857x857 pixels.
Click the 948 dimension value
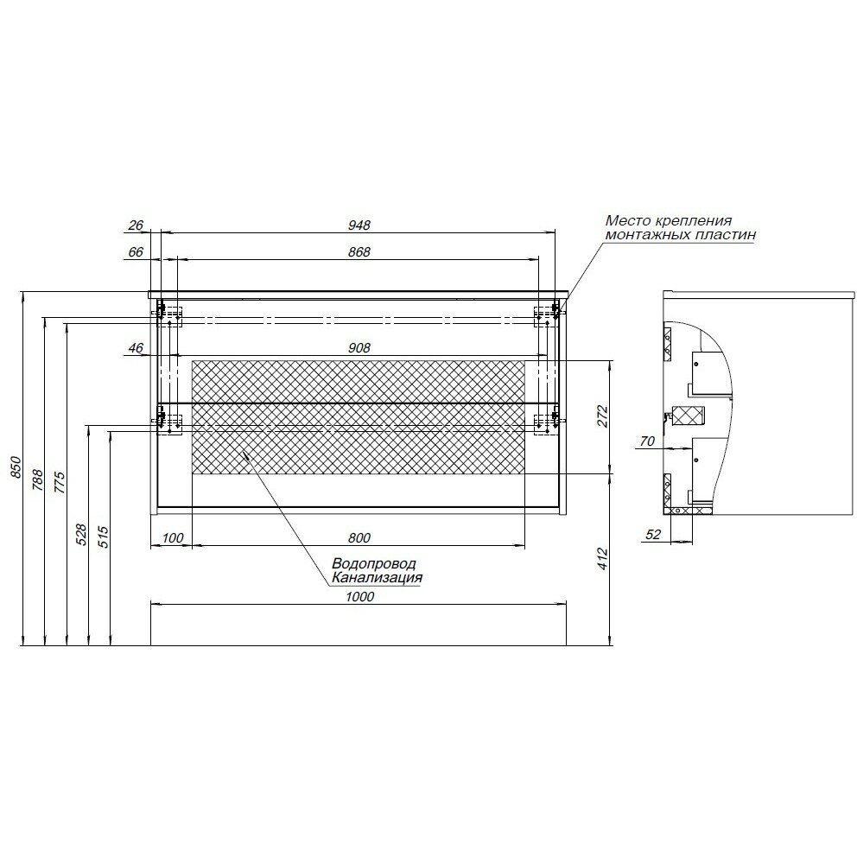(359, 225)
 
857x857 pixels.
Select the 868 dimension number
(359, 252)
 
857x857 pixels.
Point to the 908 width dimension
(359, 348)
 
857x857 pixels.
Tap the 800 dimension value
(359, 539)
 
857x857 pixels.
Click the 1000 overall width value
(359, 597)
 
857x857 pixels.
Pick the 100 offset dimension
(173, 539)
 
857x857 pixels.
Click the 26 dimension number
(135, 225)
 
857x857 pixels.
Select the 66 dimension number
(135, 252)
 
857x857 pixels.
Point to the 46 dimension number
(135, 348)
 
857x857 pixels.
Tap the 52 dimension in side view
(652, 535)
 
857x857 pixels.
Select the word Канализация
(378, 578)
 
